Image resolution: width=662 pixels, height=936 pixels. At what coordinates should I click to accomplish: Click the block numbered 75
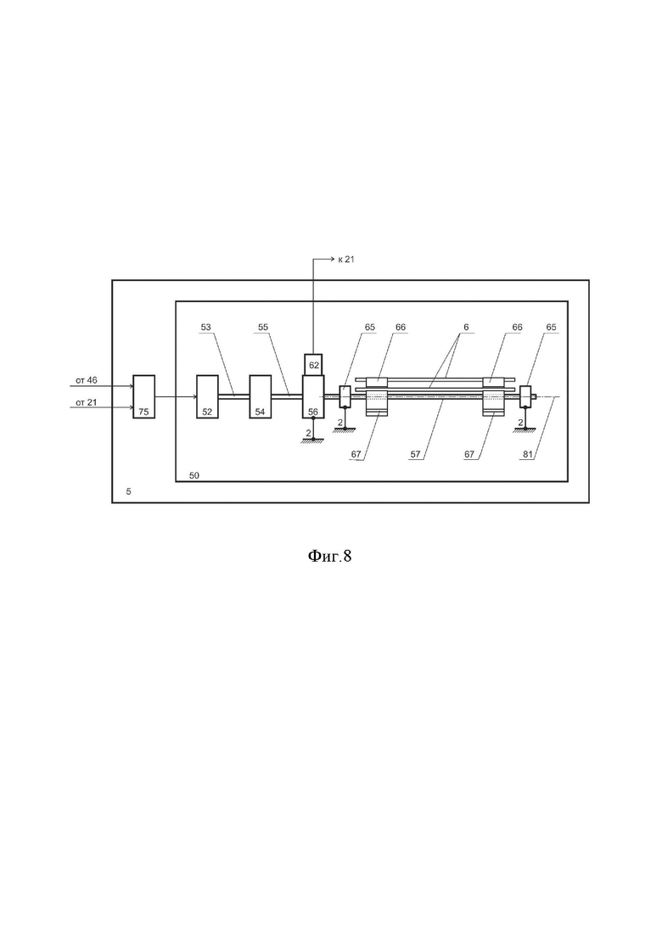(144, 396)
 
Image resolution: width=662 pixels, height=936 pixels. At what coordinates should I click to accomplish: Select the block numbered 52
(208, 396)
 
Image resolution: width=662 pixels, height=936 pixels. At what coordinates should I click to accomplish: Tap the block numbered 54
(261, 396)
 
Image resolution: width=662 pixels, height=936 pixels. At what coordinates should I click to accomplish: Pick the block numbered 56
(313, 396)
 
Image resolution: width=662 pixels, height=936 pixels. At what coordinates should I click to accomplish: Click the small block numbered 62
(313, 364)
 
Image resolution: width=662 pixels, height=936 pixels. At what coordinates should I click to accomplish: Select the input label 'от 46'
(86, 379)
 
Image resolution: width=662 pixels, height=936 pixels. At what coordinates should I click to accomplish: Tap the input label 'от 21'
(86, 402)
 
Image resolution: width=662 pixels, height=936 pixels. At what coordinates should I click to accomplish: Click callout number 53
(206, 327)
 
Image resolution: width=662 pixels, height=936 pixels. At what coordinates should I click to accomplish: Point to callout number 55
(263, 327)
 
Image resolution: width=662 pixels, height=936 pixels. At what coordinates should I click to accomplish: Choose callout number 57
(416, 454)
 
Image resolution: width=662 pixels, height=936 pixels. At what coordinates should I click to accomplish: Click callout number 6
(466, 327)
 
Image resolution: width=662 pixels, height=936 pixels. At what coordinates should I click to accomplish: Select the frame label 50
(194, 475)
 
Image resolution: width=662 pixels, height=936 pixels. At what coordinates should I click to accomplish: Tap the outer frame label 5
(128, 492)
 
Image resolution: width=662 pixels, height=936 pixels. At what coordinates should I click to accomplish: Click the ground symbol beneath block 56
(313, 440)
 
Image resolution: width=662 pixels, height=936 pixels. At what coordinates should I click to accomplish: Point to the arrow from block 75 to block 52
(176, 396)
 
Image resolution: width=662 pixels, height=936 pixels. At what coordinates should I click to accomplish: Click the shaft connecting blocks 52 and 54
(234, 396)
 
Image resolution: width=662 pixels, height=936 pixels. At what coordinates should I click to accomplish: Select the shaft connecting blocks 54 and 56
(287, 396)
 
